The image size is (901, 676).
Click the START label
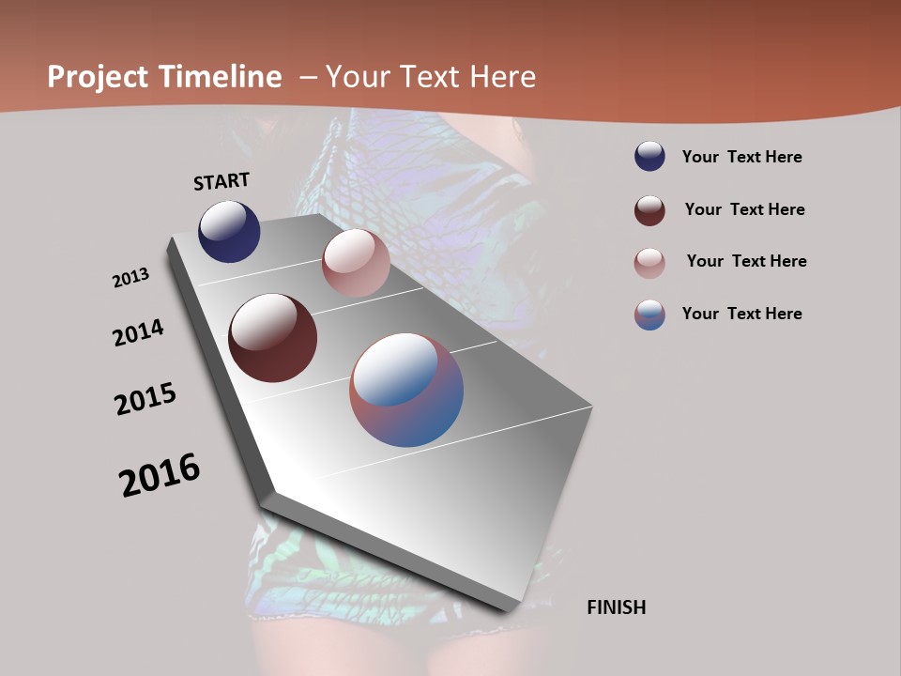tap(221, 181)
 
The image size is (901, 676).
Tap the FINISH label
tap(616, 607)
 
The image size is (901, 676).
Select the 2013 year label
tap(131, 278)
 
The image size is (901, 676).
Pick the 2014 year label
tap(139, 332)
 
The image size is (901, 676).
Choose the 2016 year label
tap(160, 475)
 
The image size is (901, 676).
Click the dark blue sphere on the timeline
tap(229, 231)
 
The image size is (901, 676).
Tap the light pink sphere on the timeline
tap(356, 263)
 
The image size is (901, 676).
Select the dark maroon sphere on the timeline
tap(272, 338)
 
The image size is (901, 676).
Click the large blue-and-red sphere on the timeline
tap(406, 390)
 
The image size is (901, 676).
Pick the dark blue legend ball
tap(649, 157)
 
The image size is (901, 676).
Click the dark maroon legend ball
tap(649, 209)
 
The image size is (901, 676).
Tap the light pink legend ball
tap(649, 262)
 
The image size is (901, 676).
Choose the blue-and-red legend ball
tap(649, 315)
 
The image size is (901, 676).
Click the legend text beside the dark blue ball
tap(741, 157)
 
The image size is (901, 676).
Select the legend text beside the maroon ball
tap(744, 209)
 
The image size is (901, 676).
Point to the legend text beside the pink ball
tap(746, 261)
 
